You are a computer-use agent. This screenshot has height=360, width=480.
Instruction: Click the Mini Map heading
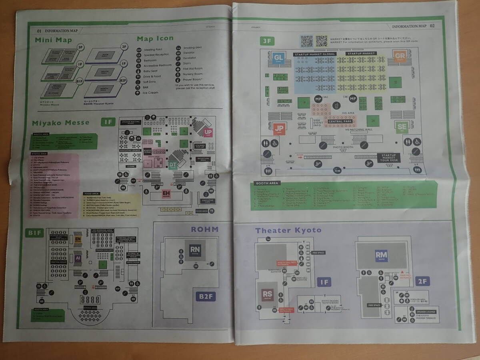[53, 40]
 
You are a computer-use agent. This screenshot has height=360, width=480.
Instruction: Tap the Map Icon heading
[155, 39]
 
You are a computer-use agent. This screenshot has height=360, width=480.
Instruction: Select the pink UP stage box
[208, 132]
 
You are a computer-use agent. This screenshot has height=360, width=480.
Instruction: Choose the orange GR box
[399, 56]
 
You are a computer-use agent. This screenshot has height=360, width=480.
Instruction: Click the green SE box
[402, 127]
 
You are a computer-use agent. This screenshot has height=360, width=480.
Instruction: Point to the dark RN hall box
[195, 250]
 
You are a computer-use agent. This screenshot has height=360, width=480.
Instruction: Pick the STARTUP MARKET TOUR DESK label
[388, 157]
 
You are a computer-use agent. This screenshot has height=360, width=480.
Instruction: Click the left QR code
[307, 41]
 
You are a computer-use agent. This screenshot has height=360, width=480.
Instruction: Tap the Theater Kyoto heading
[288, 230]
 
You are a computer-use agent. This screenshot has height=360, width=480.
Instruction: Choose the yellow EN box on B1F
[78, 239]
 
